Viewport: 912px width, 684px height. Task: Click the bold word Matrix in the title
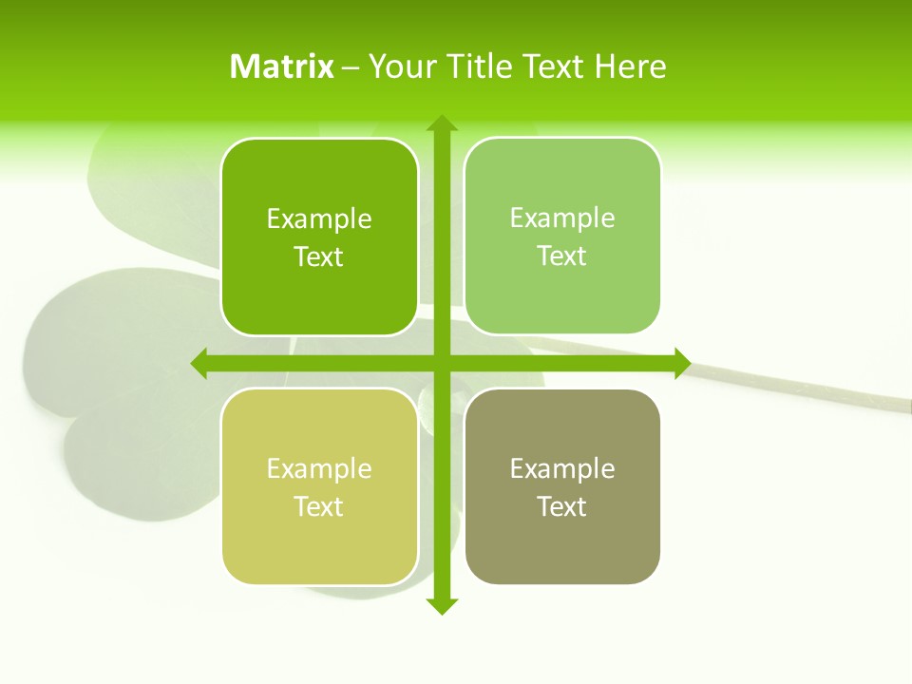tap(282, 66)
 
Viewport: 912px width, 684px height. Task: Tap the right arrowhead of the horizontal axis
tap(682, 363)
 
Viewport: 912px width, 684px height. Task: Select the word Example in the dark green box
tap(319, 218)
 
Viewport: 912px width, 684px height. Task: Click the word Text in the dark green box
tap(319, 256)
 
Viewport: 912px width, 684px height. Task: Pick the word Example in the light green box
tap(562, 218)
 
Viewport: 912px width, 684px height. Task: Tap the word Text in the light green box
tap(562, 256)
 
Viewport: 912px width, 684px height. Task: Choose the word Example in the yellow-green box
tap(319, 468)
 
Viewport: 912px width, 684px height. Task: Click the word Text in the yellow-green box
tap(319, 506)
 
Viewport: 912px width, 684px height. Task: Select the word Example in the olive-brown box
tap(562, 468)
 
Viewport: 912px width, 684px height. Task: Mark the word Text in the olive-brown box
tap(562, 506)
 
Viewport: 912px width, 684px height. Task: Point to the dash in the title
tap(351, 67)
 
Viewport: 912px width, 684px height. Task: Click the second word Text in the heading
tap(555, 66)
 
